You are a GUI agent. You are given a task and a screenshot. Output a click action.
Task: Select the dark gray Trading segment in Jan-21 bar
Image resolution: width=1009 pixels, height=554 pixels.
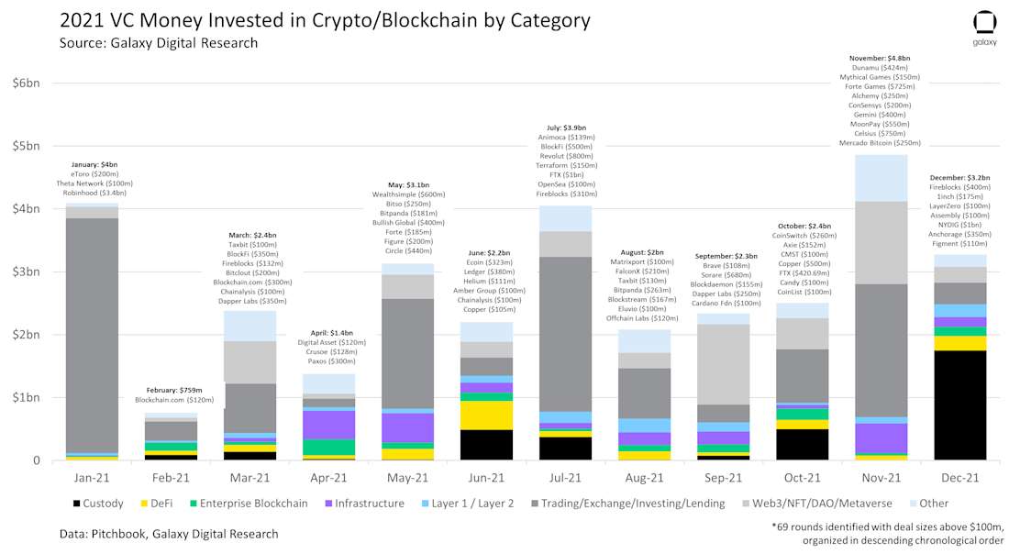92,335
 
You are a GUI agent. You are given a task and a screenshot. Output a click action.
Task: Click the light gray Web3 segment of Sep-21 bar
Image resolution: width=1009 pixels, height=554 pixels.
723,364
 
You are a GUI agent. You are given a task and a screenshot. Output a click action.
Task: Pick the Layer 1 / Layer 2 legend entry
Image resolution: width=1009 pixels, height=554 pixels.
472,503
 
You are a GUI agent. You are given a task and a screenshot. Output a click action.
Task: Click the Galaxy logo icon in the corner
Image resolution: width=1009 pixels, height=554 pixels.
984,23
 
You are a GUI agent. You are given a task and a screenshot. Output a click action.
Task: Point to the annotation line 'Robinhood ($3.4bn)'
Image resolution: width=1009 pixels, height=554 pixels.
92,194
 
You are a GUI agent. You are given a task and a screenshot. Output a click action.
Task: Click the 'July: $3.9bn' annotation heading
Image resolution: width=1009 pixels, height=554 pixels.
566,127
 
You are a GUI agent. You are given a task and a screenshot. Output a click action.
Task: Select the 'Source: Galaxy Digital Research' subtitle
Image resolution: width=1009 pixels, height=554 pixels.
158,43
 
